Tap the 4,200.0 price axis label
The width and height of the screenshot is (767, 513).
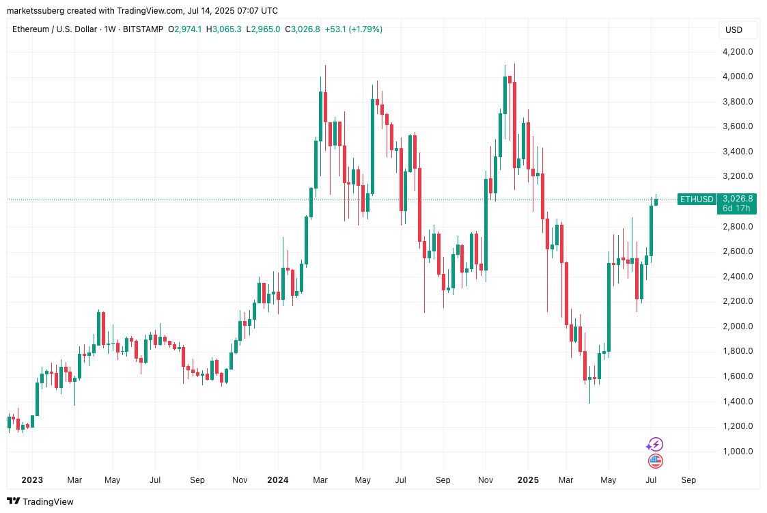click(x=737, y=52)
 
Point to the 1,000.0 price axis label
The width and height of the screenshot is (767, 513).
click(x=737, y=452)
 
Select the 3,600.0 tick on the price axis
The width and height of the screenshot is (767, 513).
click(x=737, y=126)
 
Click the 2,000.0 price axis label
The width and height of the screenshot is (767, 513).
click(x=737, y=327)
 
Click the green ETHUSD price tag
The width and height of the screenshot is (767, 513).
click(x=697, y=199)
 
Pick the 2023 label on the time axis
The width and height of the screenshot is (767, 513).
click(x=32, y=480)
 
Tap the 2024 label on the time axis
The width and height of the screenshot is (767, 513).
click(x=277, y=480)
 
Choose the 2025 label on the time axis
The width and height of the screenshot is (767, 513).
click(x=527, y=480)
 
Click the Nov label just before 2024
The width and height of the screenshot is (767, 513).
click(x=240, y=480)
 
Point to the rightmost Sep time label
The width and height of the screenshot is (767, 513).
click(x=688, y=480)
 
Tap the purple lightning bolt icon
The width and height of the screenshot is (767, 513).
click(x=656, y=445)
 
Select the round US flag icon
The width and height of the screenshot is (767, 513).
click(x=656, y=461)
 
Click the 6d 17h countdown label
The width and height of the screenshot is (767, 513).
click(x=736, y=208)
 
